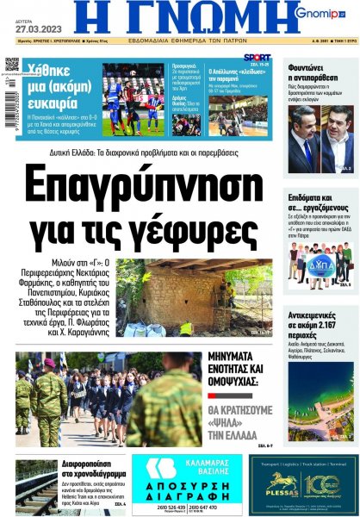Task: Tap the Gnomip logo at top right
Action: (318, 13)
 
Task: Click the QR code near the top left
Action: (12, 65)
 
